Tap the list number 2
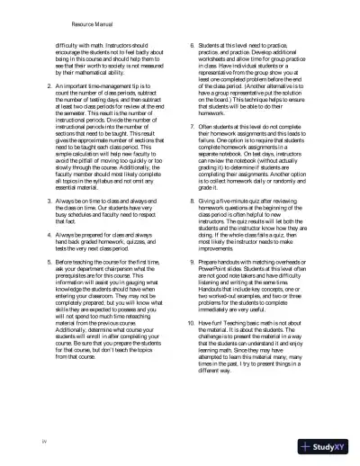coord(22,86)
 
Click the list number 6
coord(188,42)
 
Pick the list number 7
coord(188,126)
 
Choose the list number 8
coord(188,205)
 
